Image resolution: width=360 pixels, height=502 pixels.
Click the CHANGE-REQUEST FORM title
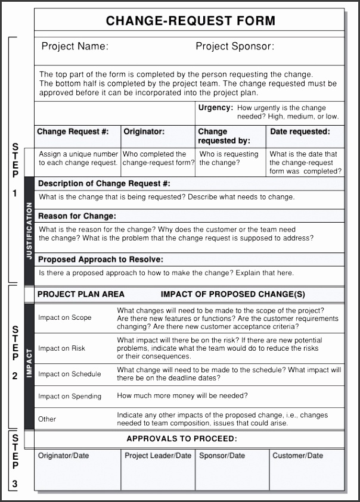point(190,21)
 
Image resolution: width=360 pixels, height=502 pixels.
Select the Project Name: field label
point(75,46)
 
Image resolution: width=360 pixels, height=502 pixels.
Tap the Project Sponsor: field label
point(235,46)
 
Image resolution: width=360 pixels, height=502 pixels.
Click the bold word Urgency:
point(215,108)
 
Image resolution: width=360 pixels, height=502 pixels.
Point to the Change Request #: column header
point(73,132)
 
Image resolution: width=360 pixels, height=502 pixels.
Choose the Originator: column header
point(144,132)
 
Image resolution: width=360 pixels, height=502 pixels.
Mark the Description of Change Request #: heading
point(104,184)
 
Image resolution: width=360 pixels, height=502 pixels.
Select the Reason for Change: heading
point(77,216)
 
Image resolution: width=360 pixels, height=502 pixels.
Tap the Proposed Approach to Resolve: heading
point(101,260)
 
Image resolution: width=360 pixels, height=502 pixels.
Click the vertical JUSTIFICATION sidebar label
point(29,230)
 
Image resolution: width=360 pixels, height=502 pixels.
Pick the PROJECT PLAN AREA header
point(81,294)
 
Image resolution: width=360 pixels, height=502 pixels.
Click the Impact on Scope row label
point(65,318)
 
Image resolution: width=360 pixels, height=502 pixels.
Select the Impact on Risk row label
point(62,348)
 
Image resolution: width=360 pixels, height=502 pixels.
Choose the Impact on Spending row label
point(70,397)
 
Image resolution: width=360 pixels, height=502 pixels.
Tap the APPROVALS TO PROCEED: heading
point(182,439)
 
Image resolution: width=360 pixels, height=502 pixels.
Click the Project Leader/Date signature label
point(158,456)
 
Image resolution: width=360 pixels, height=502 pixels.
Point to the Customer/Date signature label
point(298,456)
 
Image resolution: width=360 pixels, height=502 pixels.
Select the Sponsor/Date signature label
point(222,456)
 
